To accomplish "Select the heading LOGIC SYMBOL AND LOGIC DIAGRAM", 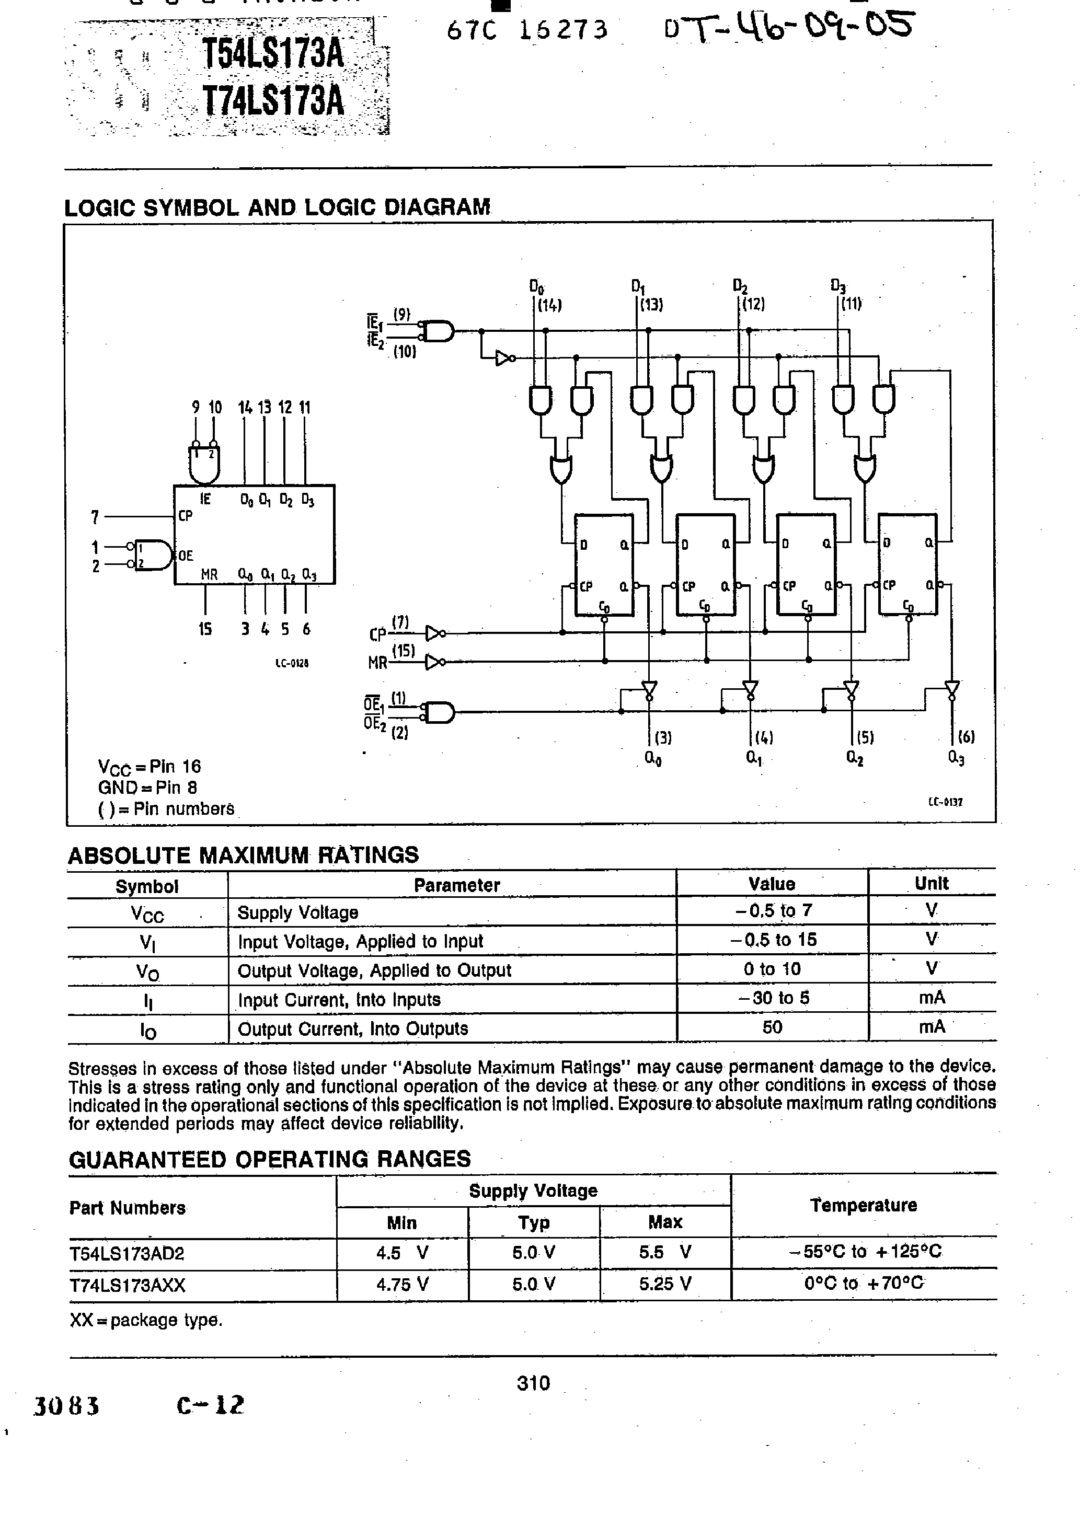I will (277, 207).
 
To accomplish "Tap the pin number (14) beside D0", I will (550, 305).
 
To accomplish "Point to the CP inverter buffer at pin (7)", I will (435, 633).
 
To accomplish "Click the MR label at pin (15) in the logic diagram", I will (378, 663).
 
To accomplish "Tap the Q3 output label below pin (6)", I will (956, 758).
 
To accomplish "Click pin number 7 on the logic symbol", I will (95, 516).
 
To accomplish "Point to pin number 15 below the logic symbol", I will (205, 629).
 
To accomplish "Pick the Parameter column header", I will (456, 885).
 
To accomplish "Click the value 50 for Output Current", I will (772, 1027).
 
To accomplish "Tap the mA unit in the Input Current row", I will (932, 998).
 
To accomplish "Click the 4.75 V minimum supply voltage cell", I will (403, 1285).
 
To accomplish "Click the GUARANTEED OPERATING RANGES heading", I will (269, 1160).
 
